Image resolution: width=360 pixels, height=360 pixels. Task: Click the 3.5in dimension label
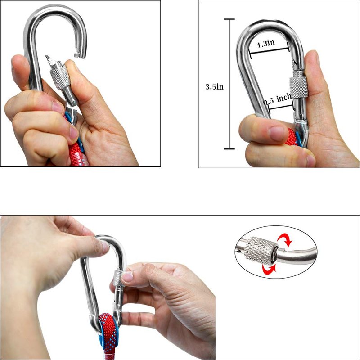pyautogui.click(x=214, y=87)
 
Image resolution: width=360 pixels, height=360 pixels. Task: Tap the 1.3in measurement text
pyautogui.click(x=265, y=43)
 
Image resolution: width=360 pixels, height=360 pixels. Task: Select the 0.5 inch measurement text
pyautogui.click(x=277, y=99)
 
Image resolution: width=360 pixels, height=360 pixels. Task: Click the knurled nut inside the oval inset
pyautogui.click(x=260, y=251)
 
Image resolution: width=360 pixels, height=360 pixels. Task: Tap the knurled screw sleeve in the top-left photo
pyautogui.click(x=60, y=76)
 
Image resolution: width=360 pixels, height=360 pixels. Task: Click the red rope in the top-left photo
pyautogui.click(x=77, y=153)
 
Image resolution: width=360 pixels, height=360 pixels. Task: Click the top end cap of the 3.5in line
pyautogui.click(x=229, y=19)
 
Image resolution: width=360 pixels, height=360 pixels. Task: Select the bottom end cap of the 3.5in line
pyautogui.click(x=229, y=149)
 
